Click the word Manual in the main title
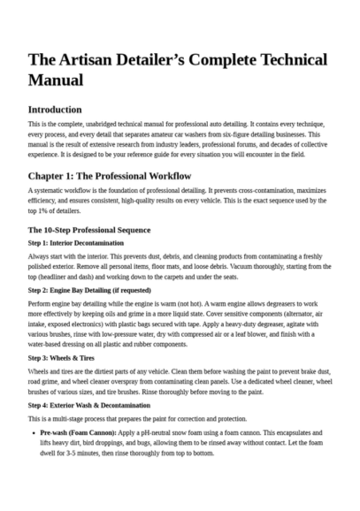(x=56, y=80)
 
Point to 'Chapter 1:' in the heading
(x=52, y=174)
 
